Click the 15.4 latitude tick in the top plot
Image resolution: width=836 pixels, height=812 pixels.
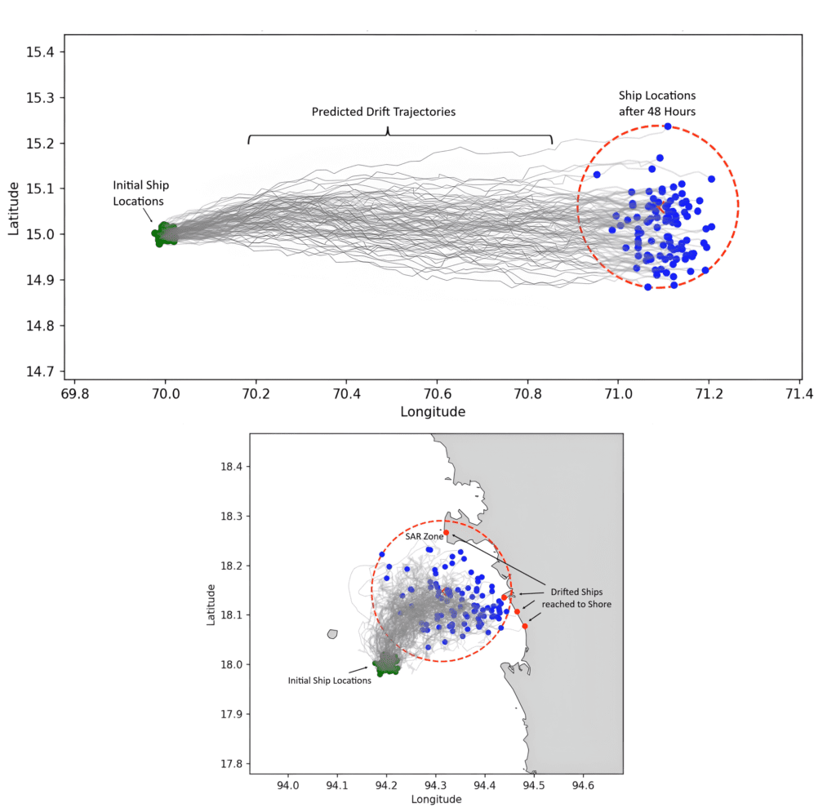tap(41, 52)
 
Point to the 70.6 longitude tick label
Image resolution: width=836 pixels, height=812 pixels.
tap(438, 394)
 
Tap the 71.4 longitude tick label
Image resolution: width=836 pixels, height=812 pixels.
tap(799, 394)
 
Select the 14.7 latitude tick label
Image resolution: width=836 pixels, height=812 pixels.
tap(41, 371)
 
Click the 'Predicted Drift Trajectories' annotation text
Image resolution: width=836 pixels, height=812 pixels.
tap(384, 112)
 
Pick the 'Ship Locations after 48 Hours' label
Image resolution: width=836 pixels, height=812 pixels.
tap(657, 104)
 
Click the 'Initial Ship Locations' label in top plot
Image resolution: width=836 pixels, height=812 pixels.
tap(140, 193)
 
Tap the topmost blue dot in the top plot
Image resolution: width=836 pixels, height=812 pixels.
tap(668, 126)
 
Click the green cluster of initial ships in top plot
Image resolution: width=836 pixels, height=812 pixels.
tap(165, 234)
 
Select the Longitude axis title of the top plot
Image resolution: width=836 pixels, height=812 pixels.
tap(433, 412)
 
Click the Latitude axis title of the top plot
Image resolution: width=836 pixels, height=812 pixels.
tap(13, 209)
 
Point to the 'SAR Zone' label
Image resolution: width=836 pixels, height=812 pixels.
tap(425, 536)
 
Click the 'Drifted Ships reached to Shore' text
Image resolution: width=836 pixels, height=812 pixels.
tap(576, 598)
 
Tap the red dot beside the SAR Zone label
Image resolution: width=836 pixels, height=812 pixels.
tap(447, 533)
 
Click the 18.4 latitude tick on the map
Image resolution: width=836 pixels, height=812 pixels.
tap(231, 467)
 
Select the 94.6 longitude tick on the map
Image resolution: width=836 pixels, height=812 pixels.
tap(583, 785)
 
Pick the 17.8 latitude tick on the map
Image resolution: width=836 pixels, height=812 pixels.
tap(231, 764)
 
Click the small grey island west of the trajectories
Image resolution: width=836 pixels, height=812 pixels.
tap(333, 634)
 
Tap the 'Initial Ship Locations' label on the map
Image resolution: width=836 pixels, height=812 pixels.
tap(330, 681)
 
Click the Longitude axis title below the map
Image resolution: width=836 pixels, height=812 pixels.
tap(436, 799)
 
